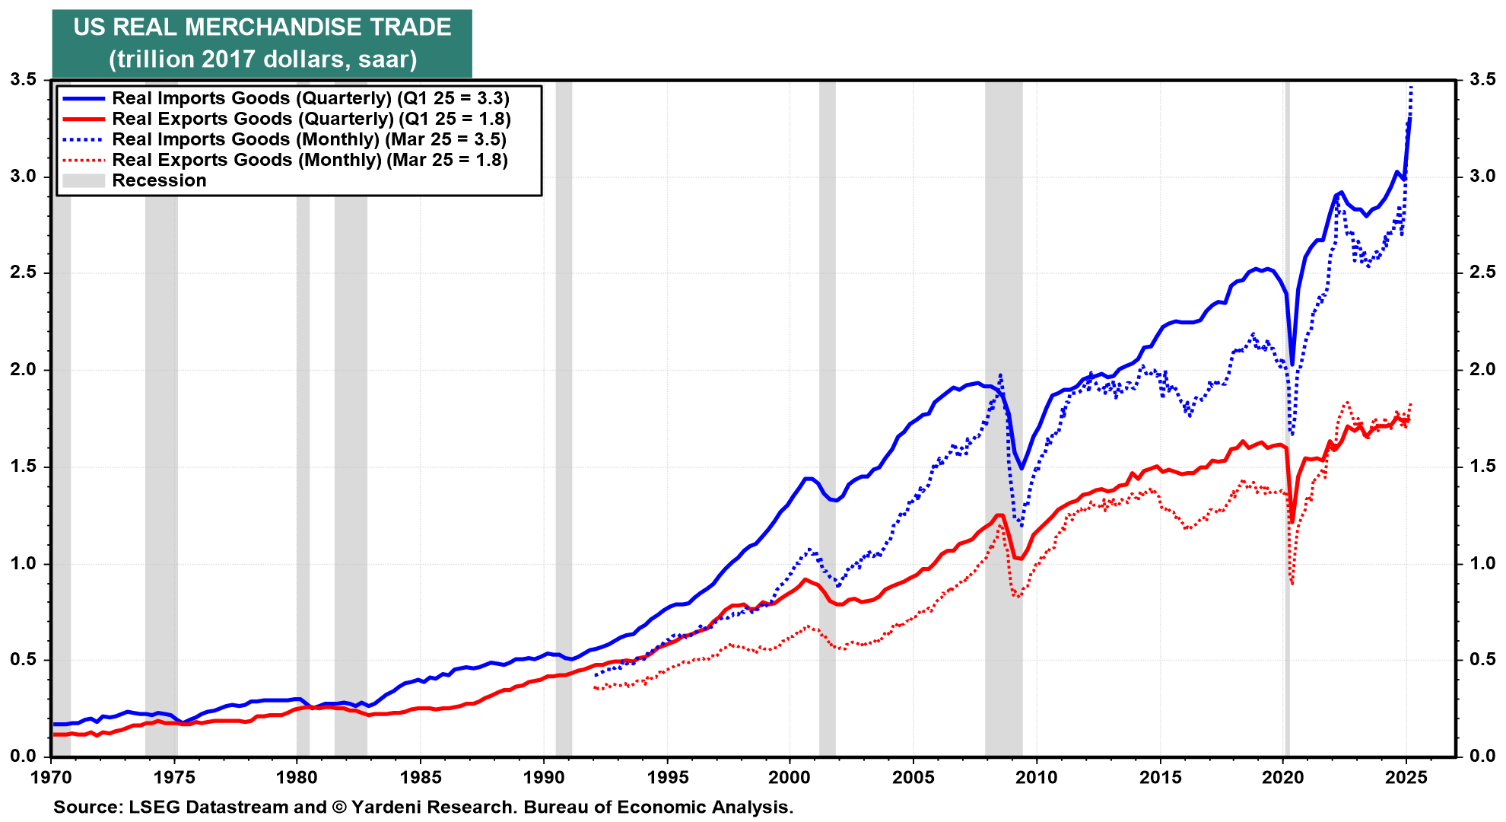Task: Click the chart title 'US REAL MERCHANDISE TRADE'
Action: click(262, 27)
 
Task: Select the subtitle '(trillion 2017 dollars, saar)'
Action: click(262, 59)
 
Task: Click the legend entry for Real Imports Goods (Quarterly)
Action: click(310, 98)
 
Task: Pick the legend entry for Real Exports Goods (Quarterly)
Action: click(311, 119)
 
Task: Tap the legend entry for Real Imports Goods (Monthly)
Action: click(309, 139)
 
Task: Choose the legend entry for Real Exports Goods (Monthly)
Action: click(310, 160)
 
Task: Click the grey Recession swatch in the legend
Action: click(83, 180)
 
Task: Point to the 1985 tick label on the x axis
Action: click(421, 777)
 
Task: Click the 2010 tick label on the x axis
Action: click(1037, 777)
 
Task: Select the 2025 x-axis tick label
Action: click(1406, 777)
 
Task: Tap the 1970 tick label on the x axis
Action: click(51, 777)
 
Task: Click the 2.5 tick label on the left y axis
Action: click(23, 272)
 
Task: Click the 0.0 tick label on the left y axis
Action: click(23, 756)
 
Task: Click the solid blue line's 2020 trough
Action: click(1292, 365)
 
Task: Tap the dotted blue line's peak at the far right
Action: click(1411, 86)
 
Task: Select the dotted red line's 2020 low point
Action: click(1292, 584)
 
